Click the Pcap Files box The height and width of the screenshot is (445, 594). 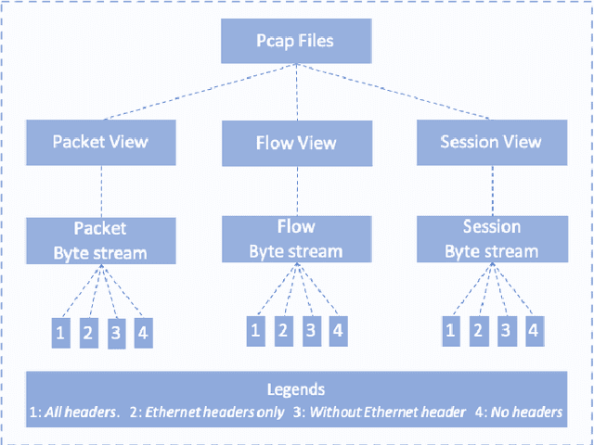coord(296,42)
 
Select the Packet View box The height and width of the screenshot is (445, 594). coord(99,142)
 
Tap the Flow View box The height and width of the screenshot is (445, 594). coord(295,144)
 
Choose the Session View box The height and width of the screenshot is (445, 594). coord(491,142)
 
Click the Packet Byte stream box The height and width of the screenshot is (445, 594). coord(99,239)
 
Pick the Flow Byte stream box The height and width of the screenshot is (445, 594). coord(295,238)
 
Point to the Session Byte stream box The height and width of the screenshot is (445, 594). coord(491,238)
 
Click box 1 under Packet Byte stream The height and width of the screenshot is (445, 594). coord(60,332)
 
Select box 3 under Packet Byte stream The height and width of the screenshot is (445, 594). coord(116,334)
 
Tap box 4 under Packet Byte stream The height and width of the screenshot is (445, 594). coord(143,332)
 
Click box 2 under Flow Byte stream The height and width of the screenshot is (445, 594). coord(284,329)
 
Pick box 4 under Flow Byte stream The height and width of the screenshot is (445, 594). coord(338,329)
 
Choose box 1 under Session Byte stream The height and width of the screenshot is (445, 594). coord(451,329)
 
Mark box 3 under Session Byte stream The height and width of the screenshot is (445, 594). coord(506,329)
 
